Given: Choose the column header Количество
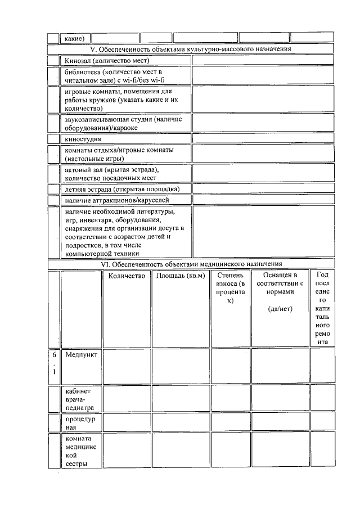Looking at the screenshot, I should pos(127,276).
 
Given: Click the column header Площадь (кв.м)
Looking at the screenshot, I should pos(180,276).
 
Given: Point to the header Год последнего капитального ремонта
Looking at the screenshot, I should pos(322,308).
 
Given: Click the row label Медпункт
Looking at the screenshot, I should pos(81,355).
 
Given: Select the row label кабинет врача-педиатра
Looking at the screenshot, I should pos(79,399).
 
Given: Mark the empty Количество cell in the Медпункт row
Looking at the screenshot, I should pos(127,364).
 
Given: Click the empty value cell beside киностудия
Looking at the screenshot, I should pos(263,138).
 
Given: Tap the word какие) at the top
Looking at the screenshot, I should pos(74,38).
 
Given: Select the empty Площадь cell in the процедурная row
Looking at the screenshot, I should pos(180,421).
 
